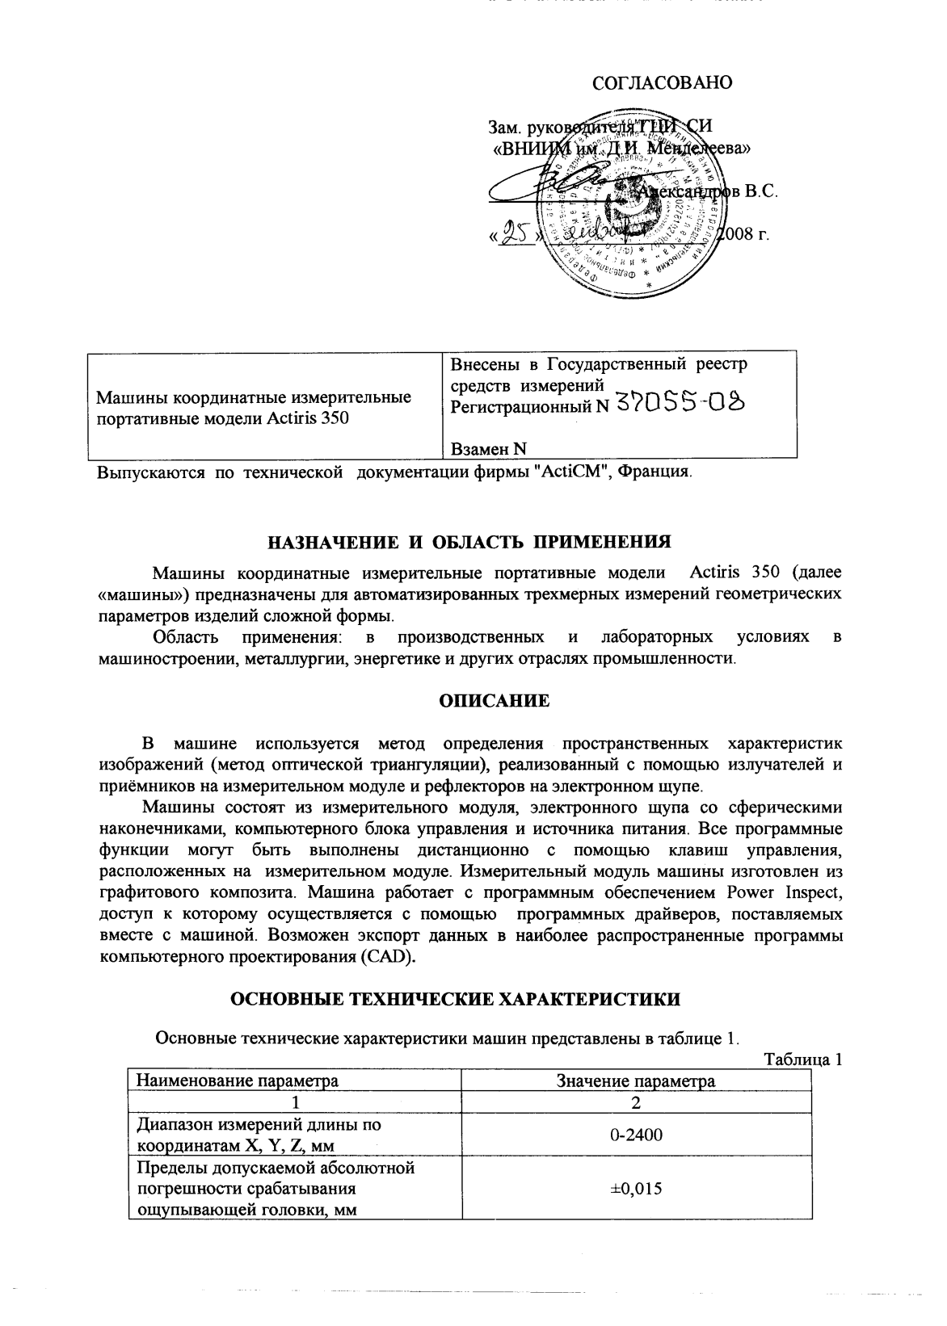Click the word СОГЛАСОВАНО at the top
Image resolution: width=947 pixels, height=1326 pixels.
click(x=662, y=84)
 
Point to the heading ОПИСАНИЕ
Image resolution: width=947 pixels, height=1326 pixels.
click(x=494, y=700)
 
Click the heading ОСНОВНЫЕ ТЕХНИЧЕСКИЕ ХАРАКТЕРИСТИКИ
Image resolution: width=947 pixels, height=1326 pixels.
click(x=456, y=999)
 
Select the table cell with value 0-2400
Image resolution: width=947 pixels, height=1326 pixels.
click(x=636, y=1135)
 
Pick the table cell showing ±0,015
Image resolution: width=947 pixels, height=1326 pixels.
click(x=636, y=1189)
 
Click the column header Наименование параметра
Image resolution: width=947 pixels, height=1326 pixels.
click(x=237, y=1081)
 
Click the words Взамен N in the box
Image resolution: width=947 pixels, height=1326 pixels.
click(x=489, y=448)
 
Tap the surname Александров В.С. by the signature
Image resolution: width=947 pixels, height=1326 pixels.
click(x=711, y=192)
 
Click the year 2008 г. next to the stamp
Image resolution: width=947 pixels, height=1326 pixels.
click(x=747, y=235)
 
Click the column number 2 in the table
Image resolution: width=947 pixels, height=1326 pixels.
click(x=636, y=1103)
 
